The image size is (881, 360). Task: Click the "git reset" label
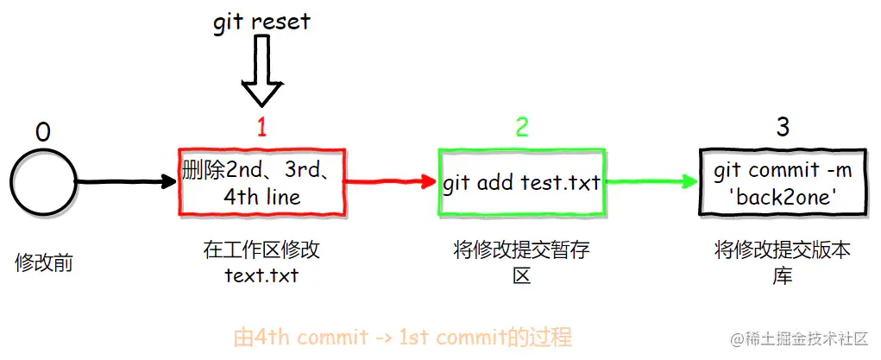pyautogui.click(x=261, y=22)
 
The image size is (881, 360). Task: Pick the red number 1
pyautogui.click(x=262, y=128)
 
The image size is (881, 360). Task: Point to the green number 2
pyautogui.click(x=522, y=128)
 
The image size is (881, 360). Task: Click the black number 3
pyautogui.click(x=783, y=128)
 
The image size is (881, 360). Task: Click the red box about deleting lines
pyautogui.click(x=261, y=182)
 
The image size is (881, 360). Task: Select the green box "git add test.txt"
pyautogui.click(x=521, y=183)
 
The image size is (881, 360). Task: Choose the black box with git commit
pyautogui.click(x=783, y=183)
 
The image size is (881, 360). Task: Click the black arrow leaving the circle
pyautogui.click(x=125, y=182)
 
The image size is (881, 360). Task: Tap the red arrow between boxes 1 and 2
pyautogui.click(x=393, y=182)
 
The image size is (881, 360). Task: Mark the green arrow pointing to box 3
pyautogui.click(x=651, y=182)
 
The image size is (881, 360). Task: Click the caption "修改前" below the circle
pyautogui.click(x=44, y=263)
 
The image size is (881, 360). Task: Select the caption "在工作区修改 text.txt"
pyautogui.click(x=261, y=263)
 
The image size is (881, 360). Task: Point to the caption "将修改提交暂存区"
pyautogui.click(x=521, y=263)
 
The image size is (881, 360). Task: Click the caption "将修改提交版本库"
pyautogui.click(x=783, y=263)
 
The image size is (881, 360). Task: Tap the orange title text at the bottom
pyautogui.click(x=403, y=336)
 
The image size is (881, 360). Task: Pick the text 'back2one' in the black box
pyautogui.click(x=783, y=196)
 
